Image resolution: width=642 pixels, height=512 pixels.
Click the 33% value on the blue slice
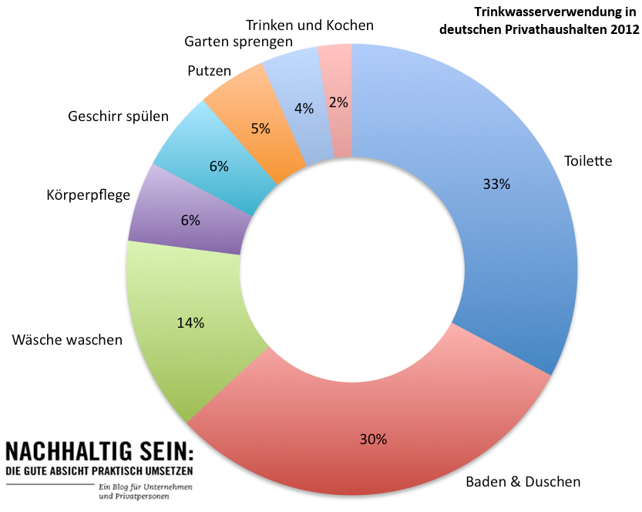click(497, 184)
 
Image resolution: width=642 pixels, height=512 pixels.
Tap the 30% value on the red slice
click(373, 440)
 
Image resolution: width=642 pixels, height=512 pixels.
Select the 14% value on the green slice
click(190, 323)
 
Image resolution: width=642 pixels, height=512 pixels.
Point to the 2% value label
click(338, 102)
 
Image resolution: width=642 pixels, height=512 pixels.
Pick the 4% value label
click(304, 109)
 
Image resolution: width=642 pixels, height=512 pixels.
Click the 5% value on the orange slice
click(260, 129)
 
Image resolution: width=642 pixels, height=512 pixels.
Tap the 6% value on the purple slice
click(190, 220)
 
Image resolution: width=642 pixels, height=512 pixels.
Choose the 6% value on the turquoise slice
click(218, 166)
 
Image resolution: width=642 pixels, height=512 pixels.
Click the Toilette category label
click(588, 161)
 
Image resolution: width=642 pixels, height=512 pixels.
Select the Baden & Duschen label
click(523, 482)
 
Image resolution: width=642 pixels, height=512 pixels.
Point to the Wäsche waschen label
click(67, 340)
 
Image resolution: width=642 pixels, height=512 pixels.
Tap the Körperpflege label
click(89, 194)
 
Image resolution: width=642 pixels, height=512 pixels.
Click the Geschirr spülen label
click(118, 117)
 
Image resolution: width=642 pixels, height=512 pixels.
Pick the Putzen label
click(209, 71)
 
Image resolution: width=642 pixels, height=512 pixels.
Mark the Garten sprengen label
click(239, 42)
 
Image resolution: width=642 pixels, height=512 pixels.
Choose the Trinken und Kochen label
click(310, 25)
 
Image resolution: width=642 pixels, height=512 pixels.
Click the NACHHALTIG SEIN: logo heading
click(99, 451)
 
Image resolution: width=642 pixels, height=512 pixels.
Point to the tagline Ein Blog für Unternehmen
click(146, 487)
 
